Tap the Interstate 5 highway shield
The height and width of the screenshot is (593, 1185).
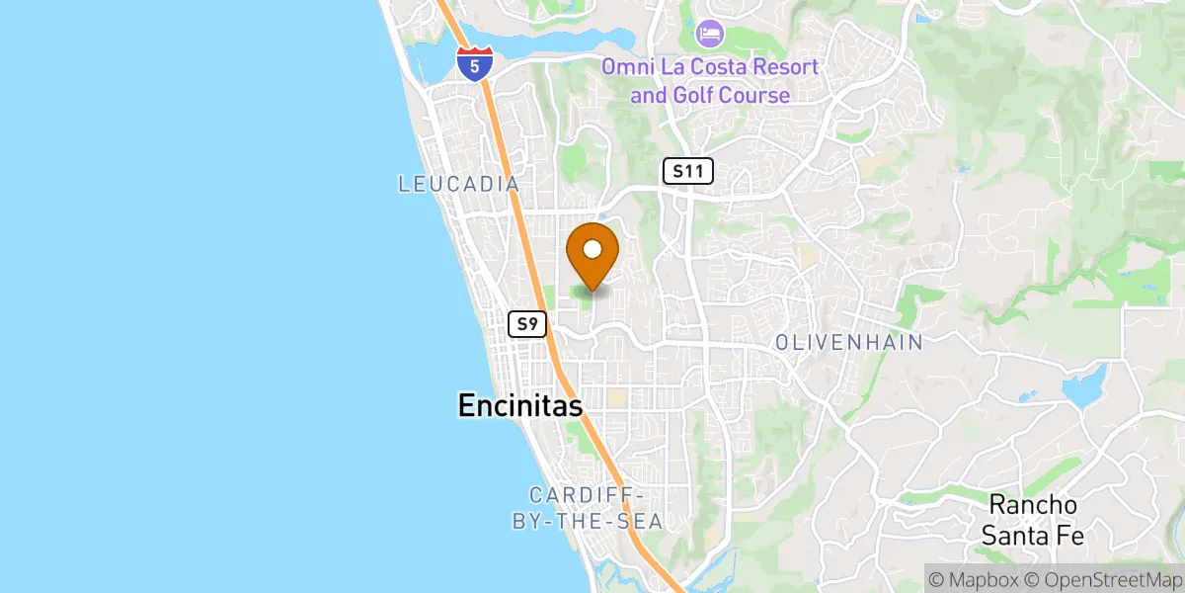(475, 63)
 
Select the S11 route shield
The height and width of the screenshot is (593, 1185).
(687, 171)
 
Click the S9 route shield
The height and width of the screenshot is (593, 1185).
(528, 324)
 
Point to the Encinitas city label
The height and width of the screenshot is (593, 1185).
(519, 405)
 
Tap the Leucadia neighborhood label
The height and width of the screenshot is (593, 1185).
(458, 184)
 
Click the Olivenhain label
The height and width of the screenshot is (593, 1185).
(849, 343)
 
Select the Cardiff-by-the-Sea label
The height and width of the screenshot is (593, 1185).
(587, 508)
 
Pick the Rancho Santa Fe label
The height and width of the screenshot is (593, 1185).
(1033, 521)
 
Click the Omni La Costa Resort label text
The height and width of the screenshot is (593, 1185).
(711, 81)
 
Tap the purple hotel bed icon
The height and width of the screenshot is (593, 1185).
(709, 34)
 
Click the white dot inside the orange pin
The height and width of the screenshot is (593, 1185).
(593, 248)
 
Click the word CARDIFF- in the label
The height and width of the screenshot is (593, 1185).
(587, 495)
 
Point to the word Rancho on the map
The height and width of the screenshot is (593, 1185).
(1033, 505)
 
